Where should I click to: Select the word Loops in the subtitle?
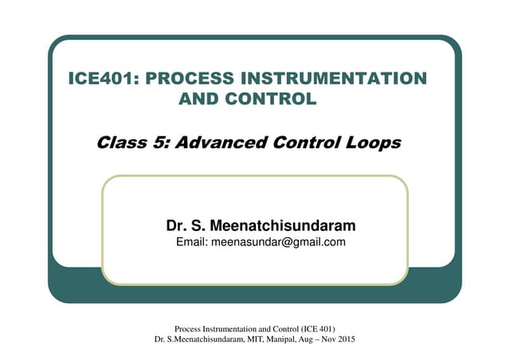click(372, 143)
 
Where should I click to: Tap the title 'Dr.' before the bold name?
click(175, 226)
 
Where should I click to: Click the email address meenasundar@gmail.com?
click(277, 242)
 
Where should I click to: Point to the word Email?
click(191, 242)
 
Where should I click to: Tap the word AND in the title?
click(201, 100)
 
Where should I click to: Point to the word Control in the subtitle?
click(307, 143)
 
